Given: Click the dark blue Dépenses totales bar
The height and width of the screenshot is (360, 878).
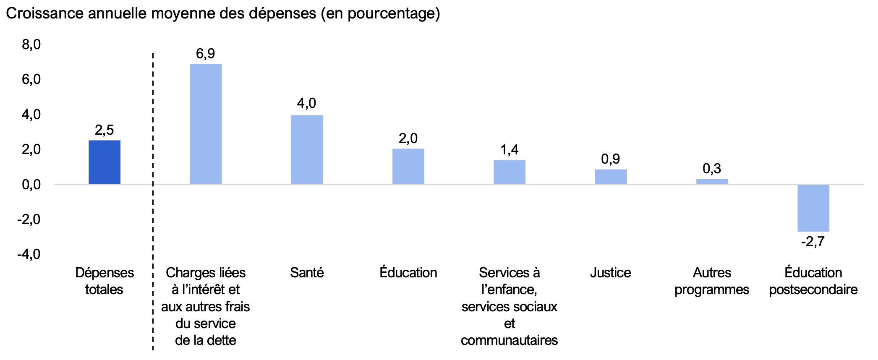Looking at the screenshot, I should coord(105,162).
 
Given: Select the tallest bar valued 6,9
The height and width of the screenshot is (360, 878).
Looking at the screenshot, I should coord(206,124).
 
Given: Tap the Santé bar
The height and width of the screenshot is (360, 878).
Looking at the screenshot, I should coord(307,149).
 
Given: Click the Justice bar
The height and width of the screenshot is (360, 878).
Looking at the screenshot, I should coord(611,176).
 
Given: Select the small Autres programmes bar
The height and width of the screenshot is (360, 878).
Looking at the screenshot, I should coord(712,181).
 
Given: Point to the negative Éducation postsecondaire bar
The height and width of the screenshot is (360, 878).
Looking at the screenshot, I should coord(813,208).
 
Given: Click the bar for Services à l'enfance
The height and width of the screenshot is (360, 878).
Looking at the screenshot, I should coord(509,172).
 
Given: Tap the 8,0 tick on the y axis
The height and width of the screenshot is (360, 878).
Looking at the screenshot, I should coord(31,44).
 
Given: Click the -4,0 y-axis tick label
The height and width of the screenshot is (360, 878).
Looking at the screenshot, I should coord(29,254).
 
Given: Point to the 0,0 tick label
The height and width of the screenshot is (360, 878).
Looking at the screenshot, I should coord(31,184).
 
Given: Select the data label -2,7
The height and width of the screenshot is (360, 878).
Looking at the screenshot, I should coord(813,242).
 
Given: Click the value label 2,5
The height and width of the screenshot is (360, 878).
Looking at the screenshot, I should coord(105,130).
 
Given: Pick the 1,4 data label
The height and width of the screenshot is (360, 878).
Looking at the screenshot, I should coord(509,150).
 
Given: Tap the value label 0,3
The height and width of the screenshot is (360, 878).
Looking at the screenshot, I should coord(712,169).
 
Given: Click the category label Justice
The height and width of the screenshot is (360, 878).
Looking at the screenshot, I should coord(611,273).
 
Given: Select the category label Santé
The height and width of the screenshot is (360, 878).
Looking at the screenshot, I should coord(307,273).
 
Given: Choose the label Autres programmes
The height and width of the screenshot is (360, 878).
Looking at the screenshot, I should coord(712,281).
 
